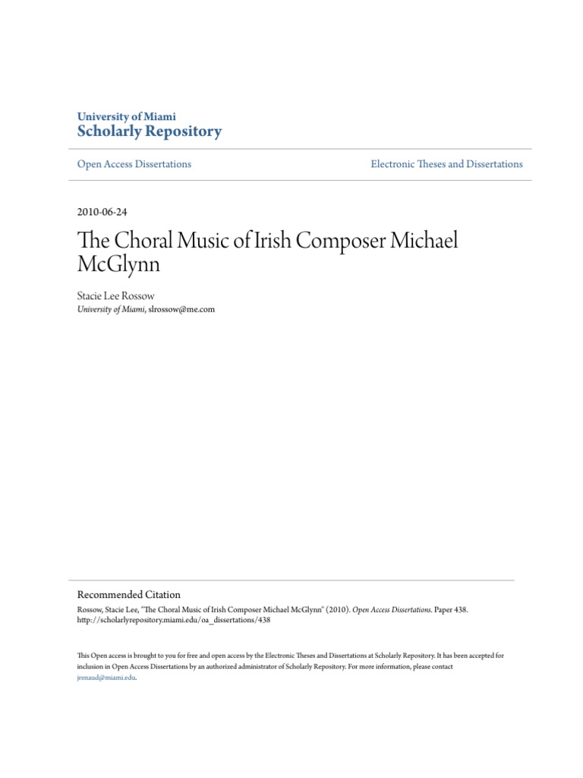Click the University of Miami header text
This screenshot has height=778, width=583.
(x=127, y=117)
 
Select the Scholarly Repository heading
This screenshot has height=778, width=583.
(x=150, y=131)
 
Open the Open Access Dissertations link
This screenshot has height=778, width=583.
(x=134, y=164)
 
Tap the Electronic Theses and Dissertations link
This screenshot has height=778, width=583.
(x=446, y=164)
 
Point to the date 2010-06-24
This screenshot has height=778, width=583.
(x=102, y=212)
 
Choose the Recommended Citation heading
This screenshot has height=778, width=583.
(x=129, y=595)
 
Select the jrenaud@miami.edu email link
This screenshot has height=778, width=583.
(x=106, y=678)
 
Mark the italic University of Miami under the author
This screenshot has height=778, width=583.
(x=111, y=309)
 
